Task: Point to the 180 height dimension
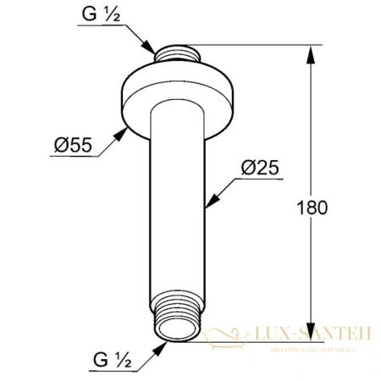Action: tap(312, 207)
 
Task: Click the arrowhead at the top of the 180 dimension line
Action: tap(311, 52)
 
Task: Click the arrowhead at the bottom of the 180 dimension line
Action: tap(311, 334)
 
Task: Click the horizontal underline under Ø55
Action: tap(72, 157)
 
